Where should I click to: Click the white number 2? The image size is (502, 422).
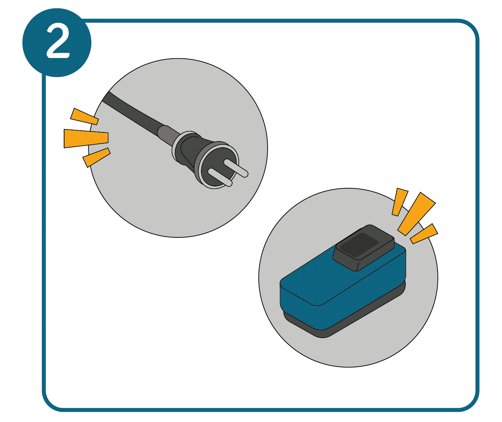(x=58, y=43)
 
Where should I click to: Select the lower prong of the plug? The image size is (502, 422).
(x=220, y=177)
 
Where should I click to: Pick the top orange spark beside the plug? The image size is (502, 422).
(x=84, y=117)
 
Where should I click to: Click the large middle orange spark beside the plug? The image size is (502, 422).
(x=86, y=138)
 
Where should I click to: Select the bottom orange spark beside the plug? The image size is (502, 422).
(x=96, y=157)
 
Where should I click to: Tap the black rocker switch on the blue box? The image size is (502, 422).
(x=363, y=248)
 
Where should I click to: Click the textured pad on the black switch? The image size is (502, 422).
(x=359, y=246)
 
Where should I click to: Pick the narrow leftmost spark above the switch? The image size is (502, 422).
(x=400, y=202)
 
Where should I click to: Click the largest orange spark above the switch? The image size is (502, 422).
(x=417, y=214)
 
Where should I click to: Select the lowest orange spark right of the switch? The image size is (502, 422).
(x=424, y=233)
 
